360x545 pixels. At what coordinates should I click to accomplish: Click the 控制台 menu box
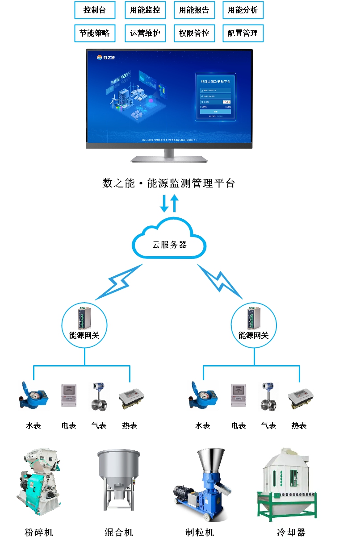click(x=94, y=10)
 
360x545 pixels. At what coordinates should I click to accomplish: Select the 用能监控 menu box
click(x=145, y=10)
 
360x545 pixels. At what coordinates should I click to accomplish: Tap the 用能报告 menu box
click(x=194, y=10)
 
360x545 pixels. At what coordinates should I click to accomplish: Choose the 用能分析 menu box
click(x=243, y=10)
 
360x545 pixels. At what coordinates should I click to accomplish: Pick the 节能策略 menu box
click(x=94, y=33)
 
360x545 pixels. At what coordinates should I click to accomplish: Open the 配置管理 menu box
click(x=243, y=33)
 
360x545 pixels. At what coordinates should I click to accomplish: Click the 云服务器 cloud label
click(x=169, y=245)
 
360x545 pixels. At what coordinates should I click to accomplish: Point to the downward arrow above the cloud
click(x=164, y=204)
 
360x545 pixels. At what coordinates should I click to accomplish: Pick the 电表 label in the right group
click(x=239, y=425)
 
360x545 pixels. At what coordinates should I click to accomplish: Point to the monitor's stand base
click(x=169, y=159)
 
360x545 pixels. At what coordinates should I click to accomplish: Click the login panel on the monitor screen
click(x=216, y=97)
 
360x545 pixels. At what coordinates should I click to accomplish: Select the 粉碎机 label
click(x=39, y=532)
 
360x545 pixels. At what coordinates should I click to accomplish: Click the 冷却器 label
click(x=291, y=532)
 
